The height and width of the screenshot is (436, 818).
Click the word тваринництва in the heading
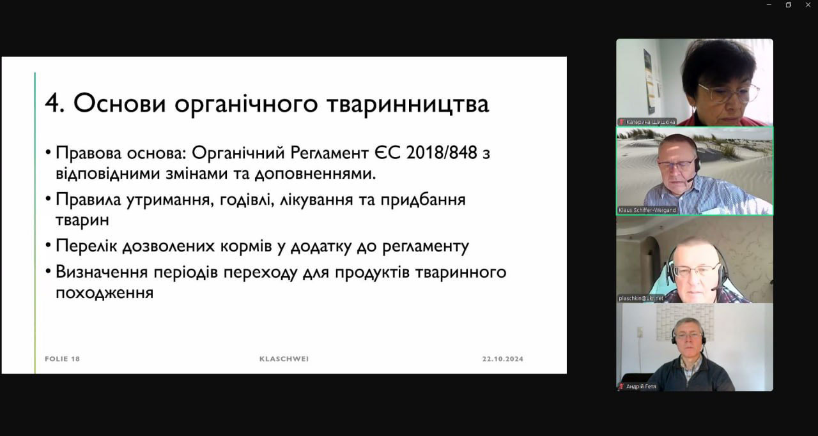[408, 104]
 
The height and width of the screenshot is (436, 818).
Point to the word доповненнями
[315, 174]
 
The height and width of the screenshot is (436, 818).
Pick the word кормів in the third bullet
[246, 246]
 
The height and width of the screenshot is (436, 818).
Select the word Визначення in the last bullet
[102, 272]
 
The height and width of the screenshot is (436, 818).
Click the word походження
[104, 292]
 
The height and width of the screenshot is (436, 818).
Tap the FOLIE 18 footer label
[63, 359]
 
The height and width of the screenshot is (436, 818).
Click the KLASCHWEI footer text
[284, 359]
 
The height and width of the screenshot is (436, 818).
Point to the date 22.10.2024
[503, 359]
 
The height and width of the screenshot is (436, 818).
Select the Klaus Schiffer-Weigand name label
[647, 210]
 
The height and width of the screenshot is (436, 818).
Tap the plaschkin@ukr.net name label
[641, 299]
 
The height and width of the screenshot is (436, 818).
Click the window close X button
[808, 4]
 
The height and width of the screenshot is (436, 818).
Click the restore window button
[789, 4]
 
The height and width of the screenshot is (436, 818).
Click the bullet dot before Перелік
[48, 245]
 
